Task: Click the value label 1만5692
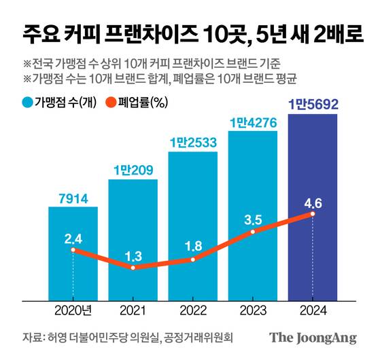(x=313, y=105)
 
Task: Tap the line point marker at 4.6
(x=313, y=214)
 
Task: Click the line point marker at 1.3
(x=133, y=268)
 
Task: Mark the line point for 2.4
(x=73, y=250)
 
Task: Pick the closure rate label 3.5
(x=253, y=219)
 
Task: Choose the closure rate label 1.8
(x=192, y=245)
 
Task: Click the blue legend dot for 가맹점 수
(x=28, y=104)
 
